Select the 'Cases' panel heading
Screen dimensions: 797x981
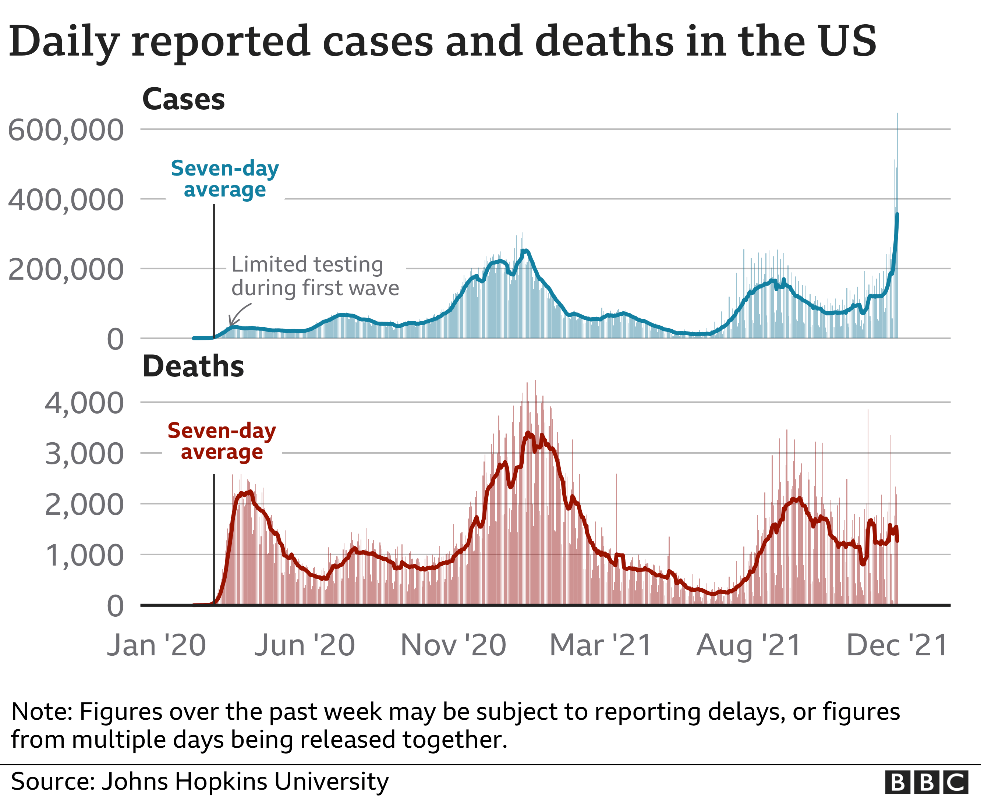tap(184, 99)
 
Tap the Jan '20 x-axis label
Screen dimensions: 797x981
tap(156, 645)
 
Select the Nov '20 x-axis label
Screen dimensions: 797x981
tap(453, 645)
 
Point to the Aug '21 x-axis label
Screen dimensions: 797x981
tap(749, 645)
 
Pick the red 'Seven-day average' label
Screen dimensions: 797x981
tap(222, 441)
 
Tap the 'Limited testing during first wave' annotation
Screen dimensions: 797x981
tap(315, 276)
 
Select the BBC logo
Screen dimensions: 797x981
tap(927, 782)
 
